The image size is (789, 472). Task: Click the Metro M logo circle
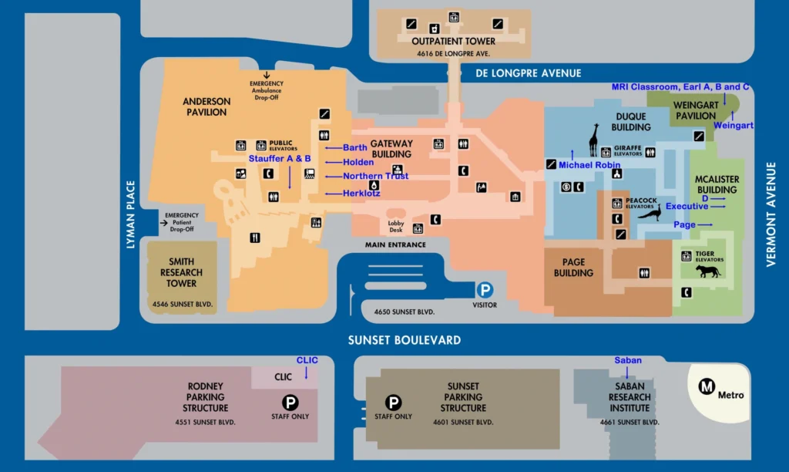pos(707,388)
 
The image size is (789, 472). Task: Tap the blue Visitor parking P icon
pos(485,291)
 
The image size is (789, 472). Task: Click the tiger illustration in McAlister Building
pos(707,271)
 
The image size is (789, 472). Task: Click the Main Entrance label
pos(395,245)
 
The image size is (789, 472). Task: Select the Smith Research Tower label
pos(181,272)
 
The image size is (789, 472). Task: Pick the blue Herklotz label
pos(361,194)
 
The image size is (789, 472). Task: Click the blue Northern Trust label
pos(375,177)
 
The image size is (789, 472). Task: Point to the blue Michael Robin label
pos(589,165)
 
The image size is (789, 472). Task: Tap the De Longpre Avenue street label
pos(528,73)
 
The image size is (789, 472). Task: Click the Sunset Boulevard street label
pos(404,340)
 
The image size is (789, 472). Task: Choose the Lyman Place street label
pos(131,215)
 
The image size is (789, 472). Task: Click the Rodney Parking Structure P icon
pos(290,402)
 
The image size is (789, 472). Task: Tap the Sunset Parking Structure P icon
pos(393,402)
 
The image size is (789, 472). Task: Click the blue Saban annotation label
pos(627,360)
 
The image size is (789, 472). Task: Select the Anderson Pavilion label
pos(206,106)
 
